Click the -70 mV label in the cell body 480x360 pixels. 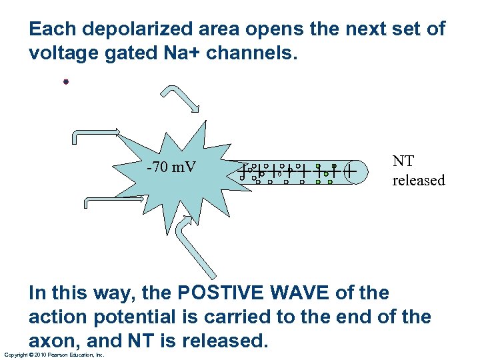click(171, 167)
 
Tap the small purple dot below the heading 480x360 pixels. click(66, 82)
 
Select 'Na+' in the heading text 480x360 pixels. click(181, 53)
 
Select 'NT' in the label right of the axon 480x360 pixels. click(403, 161)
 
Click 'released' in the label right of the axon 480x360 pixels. click(418, 181)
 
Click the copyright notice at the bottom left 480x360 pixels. click(54, 355)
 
